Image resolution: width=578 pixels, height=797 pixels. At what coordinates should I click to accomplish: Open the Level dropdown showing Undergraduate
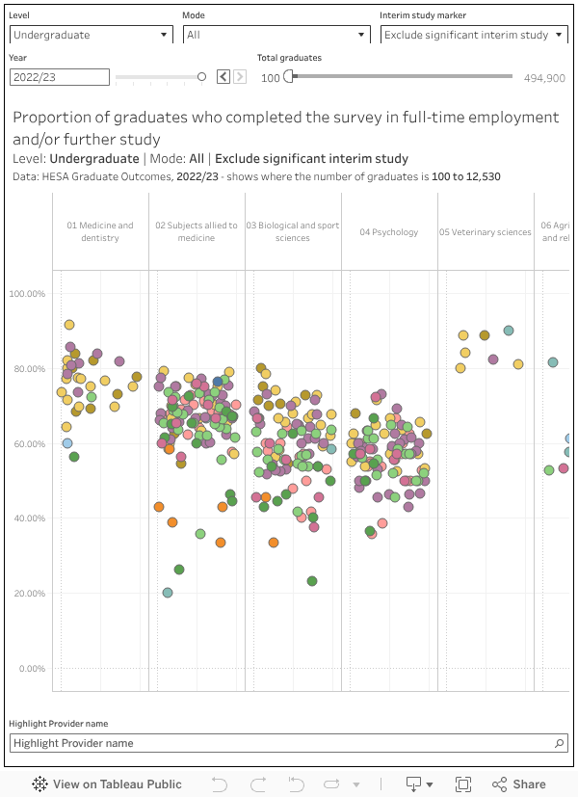point(91,35)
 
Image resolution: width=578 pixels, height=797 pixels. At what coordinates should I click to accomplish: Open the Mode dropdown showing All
point(276,35)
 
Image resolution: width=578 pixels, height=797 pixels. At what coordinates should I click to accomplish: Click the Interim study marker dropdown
point(473,35)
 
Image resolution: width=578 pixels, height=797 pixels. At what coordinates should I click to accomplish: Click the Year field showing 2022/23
point(60,77)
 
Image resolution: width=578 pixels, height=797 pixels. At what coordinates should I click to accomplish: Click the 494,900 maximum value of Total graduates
point(544,78)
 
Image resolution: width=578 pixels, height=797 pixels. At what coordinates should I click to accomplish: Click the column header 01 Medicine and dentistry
point(100,231)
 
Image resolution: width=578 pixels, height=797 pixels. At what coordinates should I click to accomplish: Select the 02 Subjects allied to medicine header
point(197,231)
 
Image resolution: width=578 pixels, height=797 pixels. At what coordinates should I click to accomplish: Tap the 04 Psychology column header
point(389,232)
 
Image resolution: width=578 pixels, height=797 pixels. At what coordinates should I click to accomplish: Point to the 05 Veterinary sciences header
point(486,232)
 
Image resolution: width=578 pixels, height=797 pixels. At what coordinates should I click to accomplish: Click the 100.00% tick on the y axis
point(27,293)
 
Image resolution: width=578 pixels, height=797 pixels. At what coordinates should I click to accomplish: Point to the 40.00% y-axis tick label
point(27,518)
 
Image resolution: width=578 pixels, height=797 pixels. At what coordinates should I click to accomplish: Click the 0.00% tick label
point(32,669)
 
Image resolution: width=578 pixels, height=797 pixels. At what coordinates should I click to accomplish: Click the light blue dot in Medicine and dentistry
point(67,443)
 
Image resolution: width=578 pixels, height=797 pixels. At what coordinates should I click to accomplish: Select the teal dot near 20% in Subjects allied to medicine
point(168,593)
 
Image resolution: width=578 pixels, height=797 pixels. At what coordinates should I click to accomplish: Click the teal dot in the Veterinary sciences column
point(509,331)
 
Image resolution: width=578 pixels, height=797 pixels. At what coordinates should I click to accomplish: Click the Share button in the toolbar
point(519,784)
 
